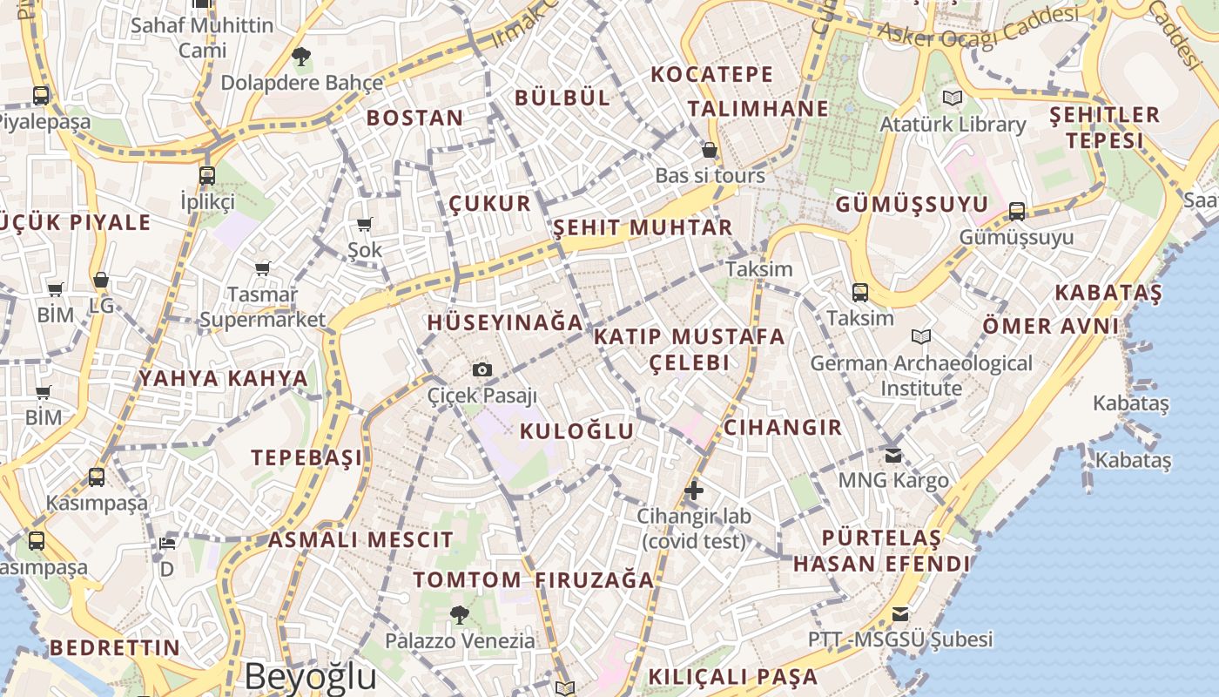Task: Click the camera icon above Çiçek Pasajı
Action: pos(482,370)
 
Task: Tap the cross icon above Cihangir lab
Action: pos(694,491)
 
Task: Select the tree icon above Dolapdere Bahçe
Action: pos(301,58)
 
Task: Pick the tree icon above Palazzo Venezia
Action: pos(460,615)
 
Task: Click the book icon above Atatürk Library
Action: pos(953,98)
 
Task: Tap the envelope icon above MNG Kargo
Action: pos(893,455)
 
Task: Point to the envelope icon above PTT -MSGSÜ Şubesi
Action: pos(899,614)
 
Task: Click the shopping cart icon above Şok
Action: pos(365,225)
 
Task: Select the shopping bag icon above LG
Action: pos(101,281)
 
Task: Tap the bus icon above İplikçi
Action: pos(207,175)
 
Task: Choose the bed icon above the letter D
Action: pos(166,544)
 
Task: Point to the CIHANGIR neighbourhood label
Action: pos(783,428)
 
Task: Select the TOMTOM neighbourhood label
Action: pos(468,579)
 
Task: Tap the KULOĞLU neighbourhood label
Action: pos(577,431)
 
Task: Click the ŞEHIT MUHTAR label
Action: pos(643,228)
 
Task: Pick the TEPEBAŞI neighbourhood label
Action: pos(306,457)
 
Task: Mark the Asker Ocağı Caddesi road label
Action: pos(978,27)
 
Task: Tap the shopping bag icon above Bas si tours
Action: pos(710,150)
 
